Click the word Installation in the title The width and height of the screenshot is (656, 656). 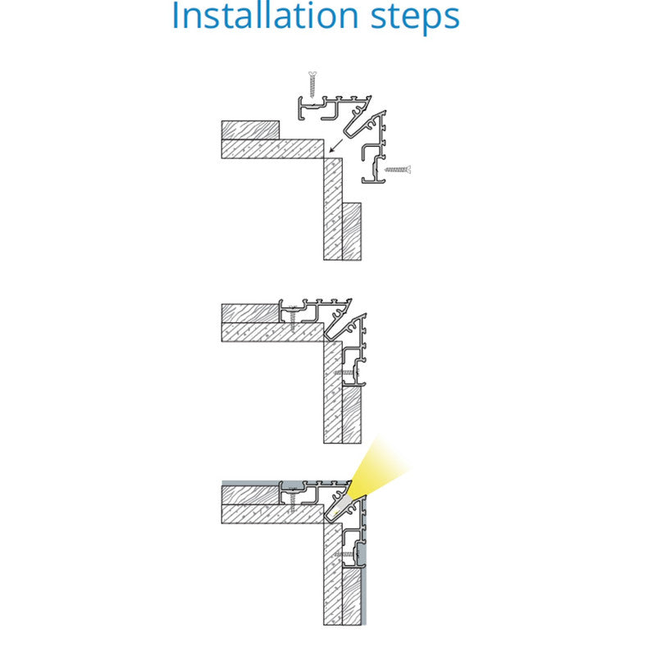pos(265,16)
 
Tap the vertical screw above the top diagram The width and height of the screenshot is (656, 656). pos(312,84)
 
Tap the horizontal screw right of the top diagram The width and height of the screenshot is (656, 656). pos(398,170)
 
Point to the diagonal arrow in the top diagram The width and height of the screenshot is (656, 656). pos(336,146)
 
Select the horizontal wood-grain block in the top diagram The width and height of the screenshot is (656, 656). pos(250,130)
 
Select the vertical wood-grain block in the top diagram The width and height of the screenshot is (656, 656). pos(352,231)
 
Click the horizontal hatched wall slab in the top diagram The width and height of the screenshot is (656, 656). pos(272,149)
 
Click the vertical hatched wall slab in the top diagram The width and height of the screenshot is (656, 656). pos(333,209)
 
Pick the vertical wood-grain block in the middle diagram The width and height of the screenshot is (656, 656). pos(352,415)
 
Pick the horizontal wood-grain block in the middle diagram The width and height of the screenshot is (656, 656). pos(250,313)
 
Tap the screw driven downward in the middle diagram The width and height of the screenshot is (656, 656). pos(293,320)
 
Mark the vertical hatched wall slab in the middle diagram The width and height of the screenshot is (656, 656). pos(333,392)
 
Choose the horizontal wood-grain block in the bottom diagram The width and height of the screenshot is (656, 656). pos(250,495)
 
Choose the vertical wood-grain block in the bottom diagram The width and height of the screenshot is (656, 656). pos(352,597)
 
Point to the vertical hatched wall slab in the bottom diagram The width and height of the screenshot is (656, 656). pos(333,574)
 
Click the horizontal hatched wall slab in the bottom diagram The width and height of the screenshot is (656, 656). pos(272,514)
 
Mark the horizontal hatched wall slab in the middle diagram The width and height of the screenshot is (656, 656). pos(272,332)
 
